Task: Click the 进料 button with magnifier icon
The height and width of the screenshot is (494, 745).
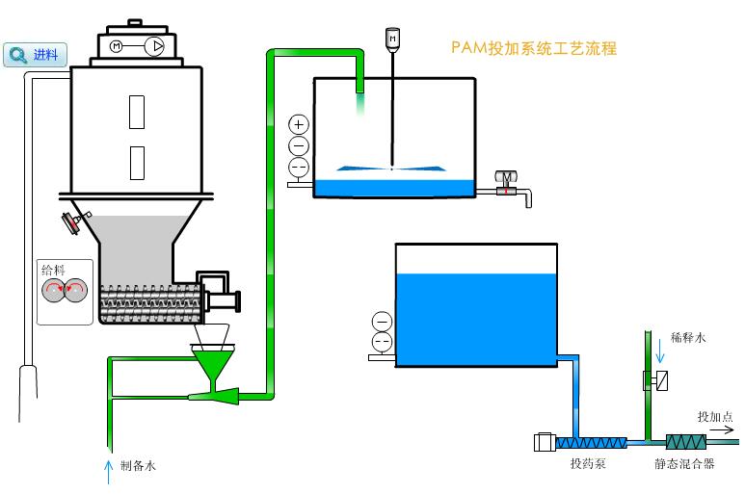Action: (33, 55)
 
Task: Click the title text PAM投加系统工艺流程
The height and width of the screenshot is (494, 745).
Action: (533, 48)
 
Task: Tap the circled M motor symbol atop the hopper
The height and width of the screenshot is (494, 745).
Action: (118, 45)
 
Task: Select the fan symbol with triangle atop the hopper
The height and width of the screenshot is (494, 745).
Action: (154, 45)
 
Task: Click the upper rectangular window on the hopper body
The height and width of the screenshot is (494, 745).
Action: (137, 112)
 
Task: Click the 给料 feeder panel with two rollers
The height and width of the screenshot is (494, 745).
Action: (65, 290)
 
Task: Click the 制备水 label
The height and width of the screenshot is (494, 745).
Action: (138, 466)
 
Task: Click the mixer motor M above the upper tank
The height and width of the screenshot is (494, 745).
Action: (391, 38)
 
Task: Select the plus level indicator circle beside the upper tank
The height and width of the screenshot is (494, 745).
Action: (299, 124)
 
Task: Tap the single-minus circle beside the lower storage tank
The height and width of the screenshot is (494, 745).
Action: (382, 322)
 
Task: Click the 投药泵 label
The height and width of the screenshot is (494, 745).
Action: (588, 464)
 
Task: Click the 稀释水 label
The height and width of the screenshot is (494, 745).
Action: (688, 338)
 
